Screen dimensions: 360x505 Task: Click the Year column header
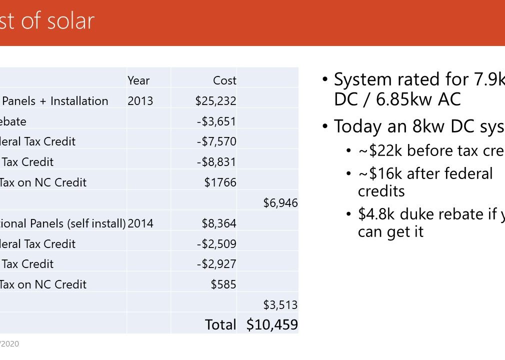pyautogui.click(x=138, y=80)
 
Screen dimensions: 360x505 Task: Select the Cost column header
pyautogui.click(x=224, y=80)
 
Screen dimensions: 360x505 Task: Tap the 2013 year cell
pyautogui.click(x=140, y=101)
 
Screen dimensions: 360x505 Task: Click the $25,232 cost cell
pyautogui.click(x=215, y=101)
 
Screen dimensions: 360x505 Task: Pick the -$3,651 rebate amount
pyautogui.click(x=216, y=121)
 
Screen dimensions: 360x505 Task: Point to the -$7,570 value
pyautogui.click(x=216, y=141)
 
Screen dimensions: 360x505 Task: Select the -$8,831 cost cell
pyautogui.click(x=216, y=162)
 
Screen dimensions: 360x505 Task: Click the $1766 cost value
pyautogui.click(x=220, y=182)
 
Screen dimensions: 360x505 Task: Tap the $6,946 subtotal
pyautogui.click(x=280, y=202)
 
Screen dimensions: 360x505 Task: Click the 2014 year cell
pyautogui.click(x=140, y=223)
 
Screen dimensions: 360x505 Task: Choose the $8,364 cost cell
pyautogui.click(x=219, y=223)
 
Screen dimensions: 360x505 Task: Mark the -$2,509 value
pyautogui.click(x=216, y=244)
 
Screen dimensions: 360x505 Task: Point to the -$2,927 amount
pyautogui.click(x=216, y=264)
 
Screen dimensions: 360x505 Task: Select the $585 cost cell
pyautogui.click(x=223, y=284)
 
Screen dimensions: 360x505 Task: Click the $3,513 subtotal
pyautogui.click(x=280, y=305)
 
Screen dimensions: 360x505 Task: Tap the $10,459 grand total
pyautogui.click(x=272, y=324)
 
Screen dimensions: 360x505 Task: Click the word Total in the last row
pyautogui.click(x=220, y=324)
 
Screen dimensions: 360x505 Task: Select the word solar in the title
pyautogui.click(x=70, y=21)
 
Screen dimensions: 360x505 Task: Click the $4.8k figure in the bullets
pyautogui.click(x=374, y=214)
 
